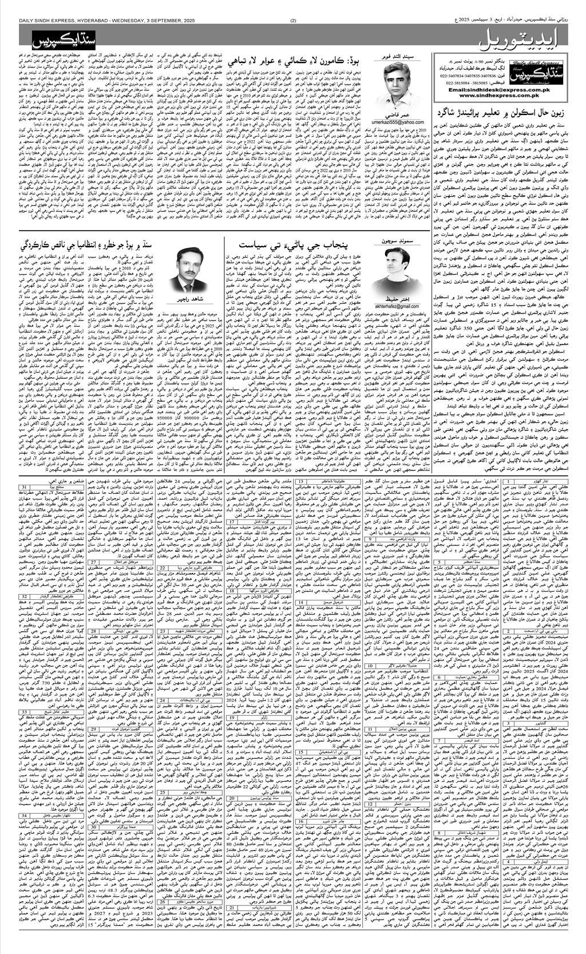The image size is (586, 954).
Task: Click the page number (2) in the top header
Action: (x=293, y=22)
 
